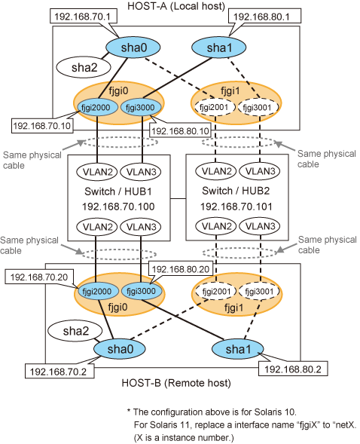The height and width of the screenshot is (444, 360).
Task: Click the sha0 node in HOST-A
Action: pyautogui.click(x=133, y=47)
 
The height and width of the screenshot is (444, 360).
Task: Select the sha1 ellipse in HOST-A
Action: pyautogui.click(x=219, y=47)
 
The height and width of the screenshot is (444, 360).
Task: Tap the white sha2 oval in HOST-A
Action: pyautogui.click(x=84, y=67)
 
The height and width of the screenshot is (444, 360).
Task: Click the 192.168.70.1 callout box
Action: pyautogui.click(x=83, y=16)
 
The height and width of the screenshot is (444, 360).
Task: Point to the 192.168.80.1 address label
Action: pyautogui.click(x=262, y=16)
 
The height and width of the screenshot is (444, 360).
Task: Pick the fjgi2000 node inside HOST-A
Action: pyautogui.click(x=98, y=107)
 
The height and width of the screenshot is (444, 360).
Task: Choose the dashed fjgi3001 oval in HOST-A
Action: pyautogui.click(x=258, y=107)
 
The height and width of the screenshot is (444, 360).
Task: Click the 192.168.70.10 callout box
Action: pyautogui.click(x=42, y=125)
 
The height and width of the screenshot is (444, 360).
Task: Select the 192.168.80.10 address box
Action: pyautogui.click(x=181, y=131)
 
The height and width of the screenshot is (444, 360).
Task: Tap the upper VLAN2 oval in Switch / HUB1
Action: pyautogui.click(x=96, y=172)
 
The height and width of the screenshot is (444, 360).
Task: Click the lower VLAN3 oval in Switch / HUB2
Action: pyautogui.click(x=260, y=226)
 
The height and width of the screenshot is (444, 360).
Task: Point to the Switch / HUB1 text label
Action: pyautogui.click(x=118, y=191)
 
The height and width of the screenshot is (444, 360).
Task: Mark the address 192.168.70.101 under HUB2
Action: pyautogui.click(x=236, y=207)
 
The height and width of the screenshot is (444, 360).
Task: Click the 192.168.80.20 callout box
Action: pyautogui.click(x=181, y=268)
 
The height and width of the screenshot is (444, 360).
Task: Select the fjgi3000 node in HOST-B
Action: pyautogui.click(x=142, y=291)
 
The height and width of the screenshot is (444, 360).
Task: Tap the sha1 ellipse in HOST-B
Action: pyautogui.click(x=237, y=349)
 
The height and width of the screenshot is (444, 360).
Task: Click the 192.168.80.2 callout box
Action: pyautogui.click(x=293, y=369)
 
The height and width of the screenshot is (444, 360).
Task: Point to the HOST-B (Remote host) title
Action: pyautogui.click(x=176, y=383)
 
